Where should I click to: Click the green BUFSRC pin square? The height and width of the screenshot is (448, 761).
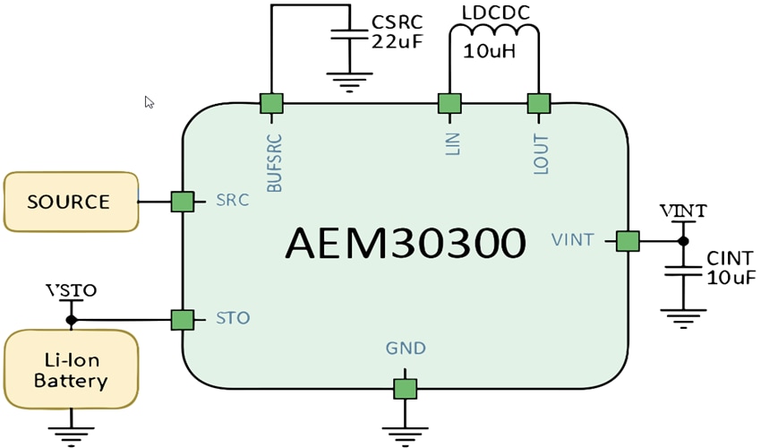[x=271, y=103]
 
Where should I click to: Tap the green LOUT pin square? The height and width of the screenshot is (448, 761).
[x=538, y=103]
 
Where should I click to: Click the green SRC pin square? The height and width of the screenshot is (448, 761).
[x=183, y=202]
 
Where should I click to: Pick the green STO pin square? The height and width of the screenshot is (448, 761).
[x=183, y=319]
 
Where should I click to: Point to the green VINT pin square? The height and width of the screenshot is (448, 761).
[x=628, y=241]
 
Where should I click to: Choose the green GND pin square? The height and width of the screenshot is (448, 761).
[x=406, y=388]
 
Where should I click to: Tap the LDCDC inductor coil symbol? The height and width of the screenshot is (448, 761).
[x=494, y=33]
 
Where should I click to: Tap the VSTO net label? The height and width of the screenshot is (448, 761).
[x=71, y=291]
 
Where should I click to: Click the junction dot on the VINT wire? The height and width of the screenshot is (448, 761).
[x=682, y=241]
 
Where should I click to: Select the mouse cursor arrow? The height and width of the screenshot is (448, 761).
[x=149, y=102]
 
